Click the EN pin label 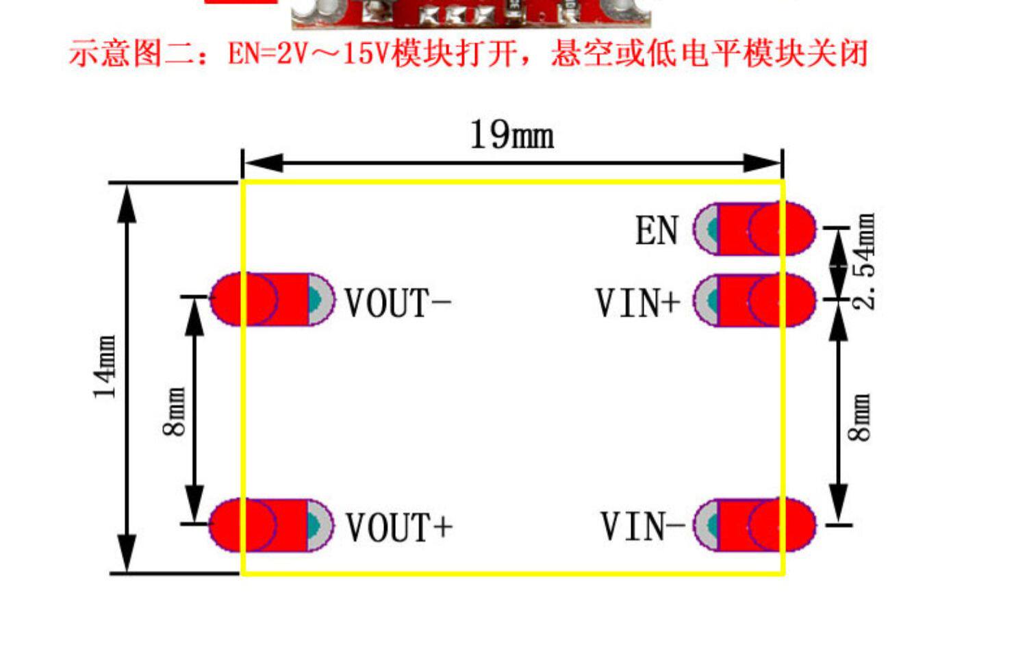pyautogui.click(x=657, y=231)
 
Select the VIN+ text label pyautogui.click(x=637, y=303)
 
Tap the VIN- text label pyautogui.click(x=642, y=527)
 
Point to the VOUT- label pyautogui.click(x=397, y=303)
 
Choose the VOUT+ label pyautogui.click(x=398, y=527)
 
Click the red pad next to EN pyautogui.click(x=760, y=229)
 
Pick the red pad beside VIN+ pyautogui.click(x=760, y=300)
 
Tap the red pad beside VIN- pyautogui.click(x=760, y=525)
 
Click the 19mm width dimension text pyautogui.click(x=511, y=134)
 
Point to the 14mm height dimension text pyautogui.click(x=105, y=367)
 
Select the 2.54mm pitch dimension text pyautogui.click(x=864, y=262)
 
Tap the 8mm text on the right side pyautogui.click(x=860, y=417)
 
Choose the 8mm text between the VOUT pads pyautogui.click(x=175, y=412)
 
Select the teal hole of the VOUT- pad pyautogui.click(x=314, y=299)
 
